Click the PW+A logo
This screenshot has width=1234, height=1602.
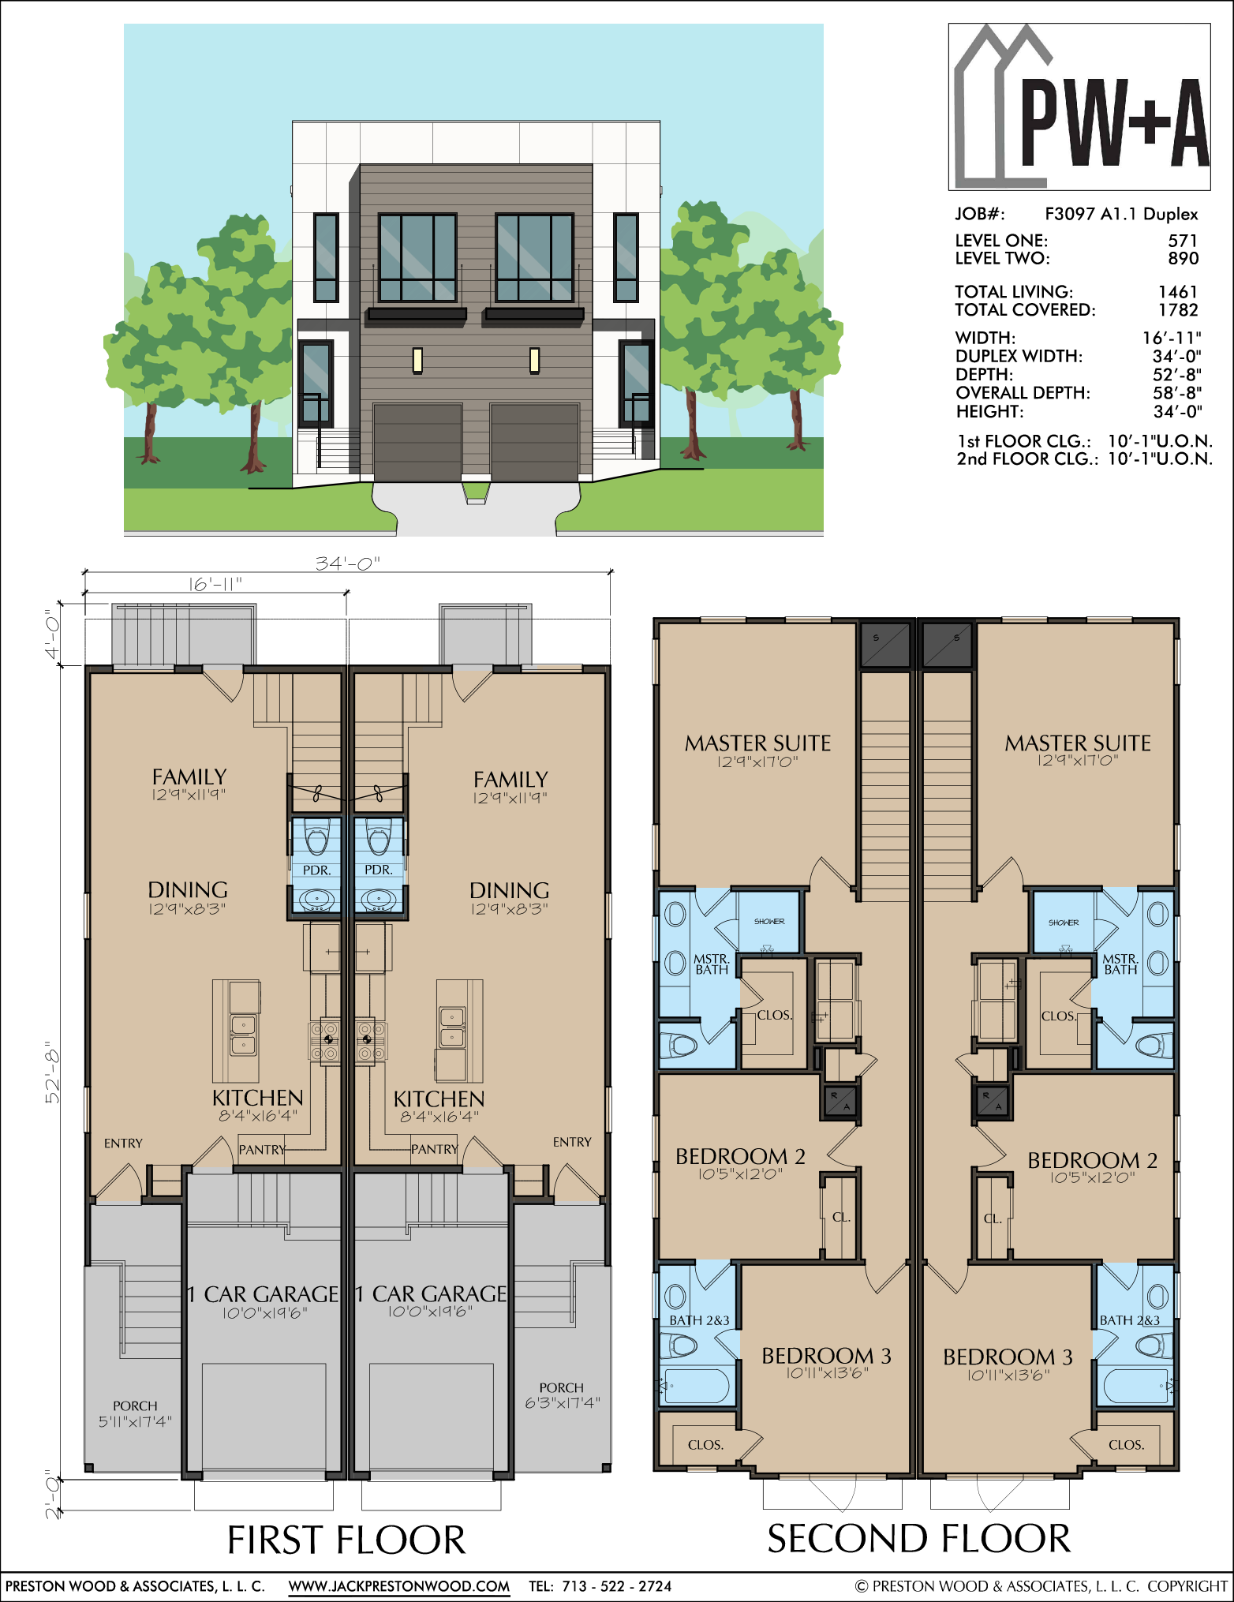pyautogui.click(x=1079, y=107)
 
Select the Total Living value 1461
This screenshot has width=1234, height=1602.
pyautogui.click(x=1178, y=292)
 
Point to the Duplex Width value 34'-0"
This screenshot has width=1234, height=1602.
pyautogui.click(x=1176, y=356)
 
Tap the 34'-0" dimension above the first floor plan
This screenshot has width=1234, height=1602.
pyautogui.click(x=348, y=563)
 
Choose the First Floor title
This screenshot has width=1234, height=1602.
pyautogui.click(x=346, y=1540)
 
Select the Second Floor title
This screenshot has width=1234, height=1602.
pyautogui.click(x=919, y=1538)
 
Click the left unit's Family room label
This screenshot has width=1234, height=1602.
pyautogui.click(x=189, y=777)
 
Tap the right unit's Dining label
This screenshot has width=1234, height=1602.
pyautogui.click(x=509, y=890)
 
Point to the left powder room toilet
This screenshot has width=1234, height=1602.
pyautogui.click(x=317, y=838)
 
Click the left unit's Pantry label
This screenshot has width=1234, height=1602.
pyautogui.click(x=262, y=1150)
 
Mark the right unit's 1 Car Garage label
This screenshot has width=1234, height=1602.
pyautogui.click(x=431, y=1293)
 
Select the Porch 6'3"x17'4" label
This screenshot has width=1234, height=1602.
pyautogui.click(x=562, y=1394)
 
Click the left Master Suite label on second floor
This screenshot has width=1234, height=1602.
pyautogui.click(x=757, y=743)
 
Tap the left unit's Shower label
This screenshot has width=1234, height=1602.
pyautogui.click(x=769, y=921)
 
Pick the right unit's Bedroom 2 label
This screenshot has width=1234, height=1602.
pyautogui.click(x=1092, y=1160)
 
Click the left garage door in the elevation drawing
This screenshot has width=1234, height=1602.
pyautogui.click(x=417, y=442)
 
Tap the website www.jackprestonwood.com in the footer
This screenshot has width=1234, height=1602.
pyautogui.click(x=398, y=1585)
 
